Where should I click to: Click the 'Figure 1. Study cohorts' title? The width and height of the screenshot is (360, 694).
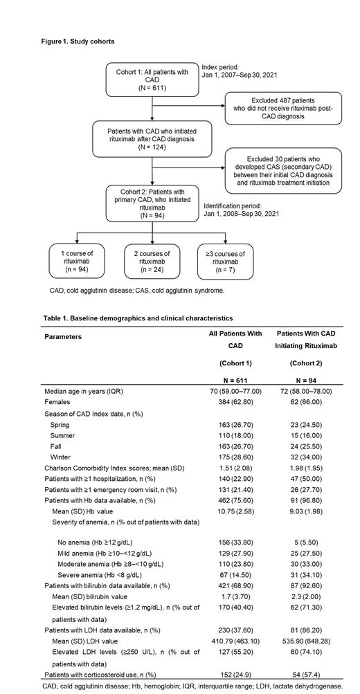(x=77, y=42)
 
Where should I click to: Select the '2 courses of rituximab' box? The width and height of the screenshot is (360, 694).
(x=152, y=262)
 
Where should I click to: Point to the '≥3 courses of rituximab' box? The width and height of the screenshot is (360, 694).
(x=224, y=262)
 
